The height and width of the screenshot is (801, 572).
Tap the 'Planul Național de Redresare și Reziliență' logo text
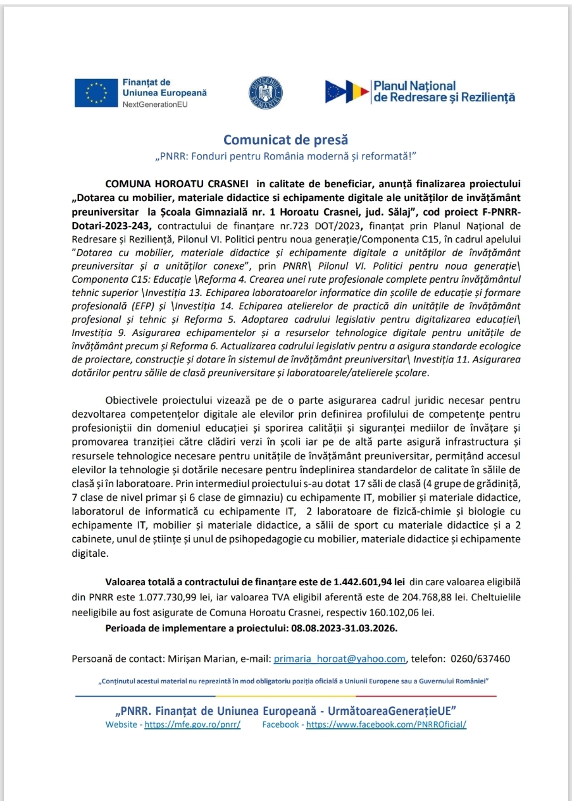tap(444, 92)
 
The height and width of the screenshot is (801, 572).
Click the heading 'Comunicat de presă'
tap(285, 139)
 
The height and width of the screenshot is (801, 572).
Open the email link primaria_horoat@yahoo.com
tap(339, 659)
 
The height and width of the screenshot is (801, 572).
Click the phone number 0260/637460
tap(480, 659)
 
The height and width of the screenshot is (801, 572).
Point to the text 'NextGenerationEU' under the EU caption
tap(151, 104)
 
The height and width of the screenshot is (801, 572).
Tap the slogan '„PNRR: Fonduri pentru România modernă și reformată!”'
tap(285, 156)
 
